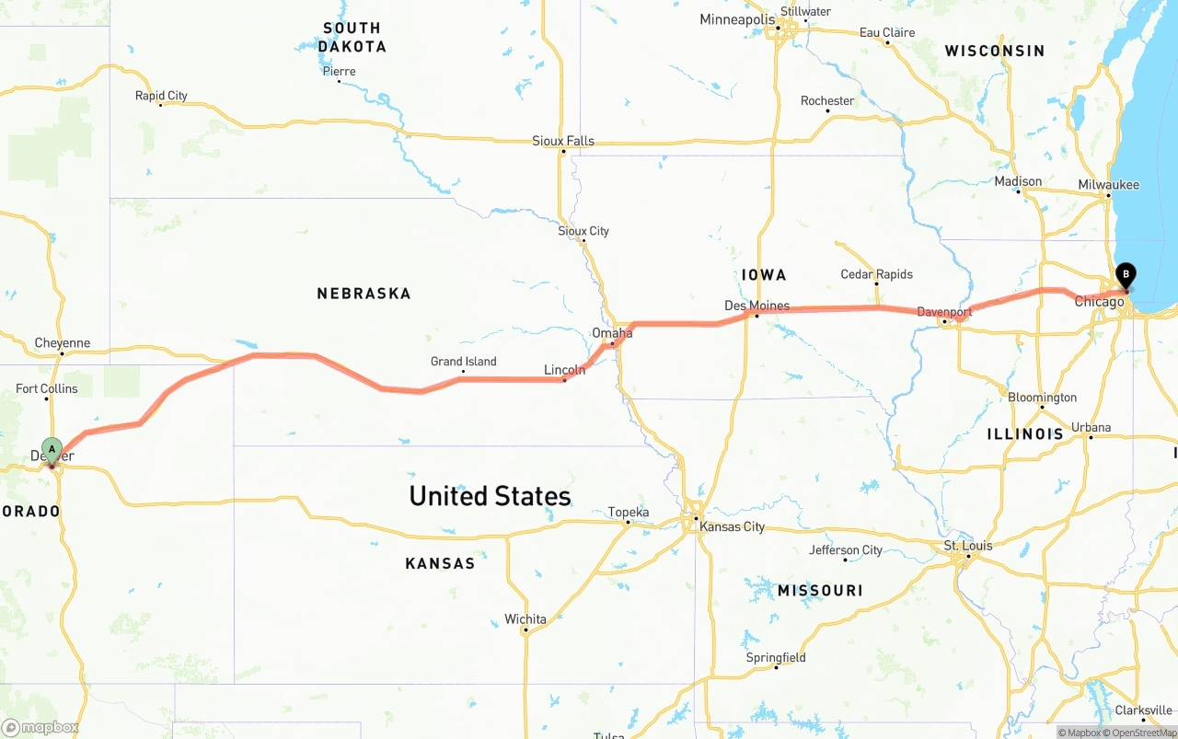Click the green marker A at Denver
coord(52,450)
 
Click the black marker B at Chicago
coord(1125,274)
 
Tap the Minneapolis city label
coord(736,19)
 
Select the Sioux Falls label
coord(563,141)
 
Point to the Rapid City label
coord(161,96)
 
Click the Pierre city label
coord(339,72)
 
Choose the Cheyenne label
coord(63,343)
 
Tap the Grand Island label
coord(463,362)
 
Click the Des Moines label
coord(756,306)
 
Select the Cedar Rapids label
coord(876,274)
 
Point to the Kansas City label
coord(732,527)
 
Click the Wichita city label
coord(525,619)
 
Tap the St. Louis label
coord(968,546)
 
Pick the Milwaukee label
coord(1108,185)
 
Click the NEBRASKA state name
coord(364,294)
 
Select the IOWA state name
coord(764,275)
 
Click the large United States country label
coord(490,496)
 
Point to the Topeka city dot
coord(628,523)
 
